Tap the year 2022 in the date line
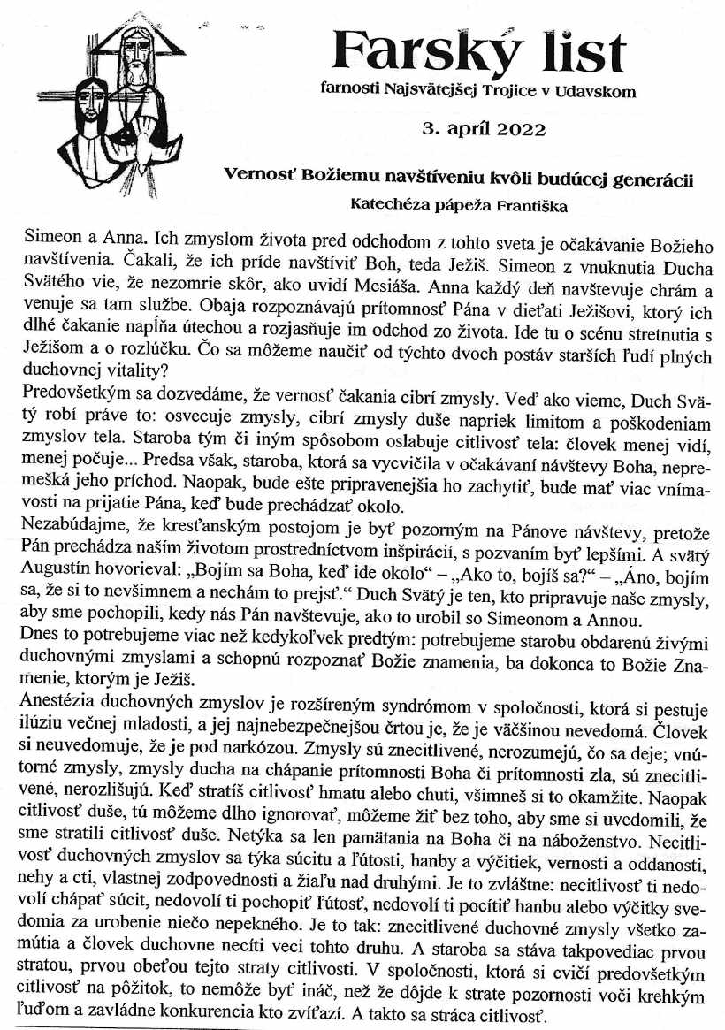pos(515,130)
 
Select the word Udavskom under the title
pos(601,90)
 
